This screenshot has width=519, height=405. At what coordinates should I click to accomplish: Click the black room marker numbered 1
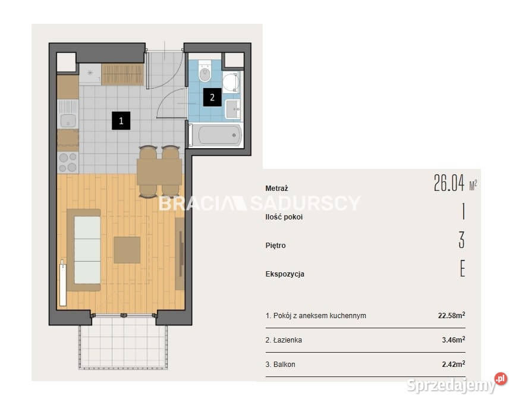[x=121, y=121]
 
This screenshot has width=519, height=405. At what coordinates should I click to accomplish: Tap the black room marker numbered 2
[x=212, y=98]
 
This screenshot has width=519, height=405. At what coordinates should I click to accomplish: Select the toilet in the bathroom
[x=205, y=71]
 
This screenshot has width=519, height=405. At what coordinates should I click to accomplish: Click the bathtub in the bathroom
[x=216, y=135]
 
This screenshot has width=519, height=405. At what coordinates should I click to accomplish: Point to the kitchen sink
[x=68, y=114]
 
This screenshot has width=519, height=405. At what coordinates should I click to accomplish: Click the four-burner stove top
[x=68, y=162]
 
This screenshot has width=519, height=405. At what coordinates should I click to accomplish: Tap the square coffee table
[x=127, y=250]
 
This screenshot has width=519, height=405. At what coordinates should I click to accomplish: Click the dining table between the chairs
[x=159, y=172]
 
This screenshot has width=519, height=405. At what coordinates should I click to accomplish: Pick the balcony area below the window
[x=123, y=343]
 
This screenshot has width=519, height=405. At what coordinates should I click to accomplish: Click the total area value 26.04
[x=449, y=183]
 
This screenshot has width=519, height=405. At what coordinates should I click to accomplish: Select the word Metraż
[x=276, y=189]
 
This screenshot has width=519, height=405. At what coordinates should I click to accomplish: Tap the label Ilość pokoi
[x=284, y=217]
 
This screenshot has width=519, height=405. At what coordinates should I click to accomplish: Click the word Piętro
[x=275, y=246]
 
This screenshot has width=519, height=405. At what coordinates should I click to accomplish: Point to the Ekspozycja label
[x=285, y=274]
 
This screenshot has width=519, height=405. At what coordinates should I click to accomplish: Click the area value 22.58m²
[x=451, y=315]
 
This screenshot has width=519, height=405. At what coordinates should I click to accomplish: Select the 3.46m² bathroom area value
[x=454, y=340]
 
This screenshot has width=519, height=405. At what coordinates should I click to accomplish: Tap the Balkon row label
[x=281, y=365]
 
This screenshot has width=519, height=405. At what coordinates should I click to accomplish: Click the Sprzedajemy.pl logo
[x=457, y=384]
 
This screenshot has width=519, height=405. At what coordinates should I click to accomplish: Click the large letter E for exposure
[x=463, y=268]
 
